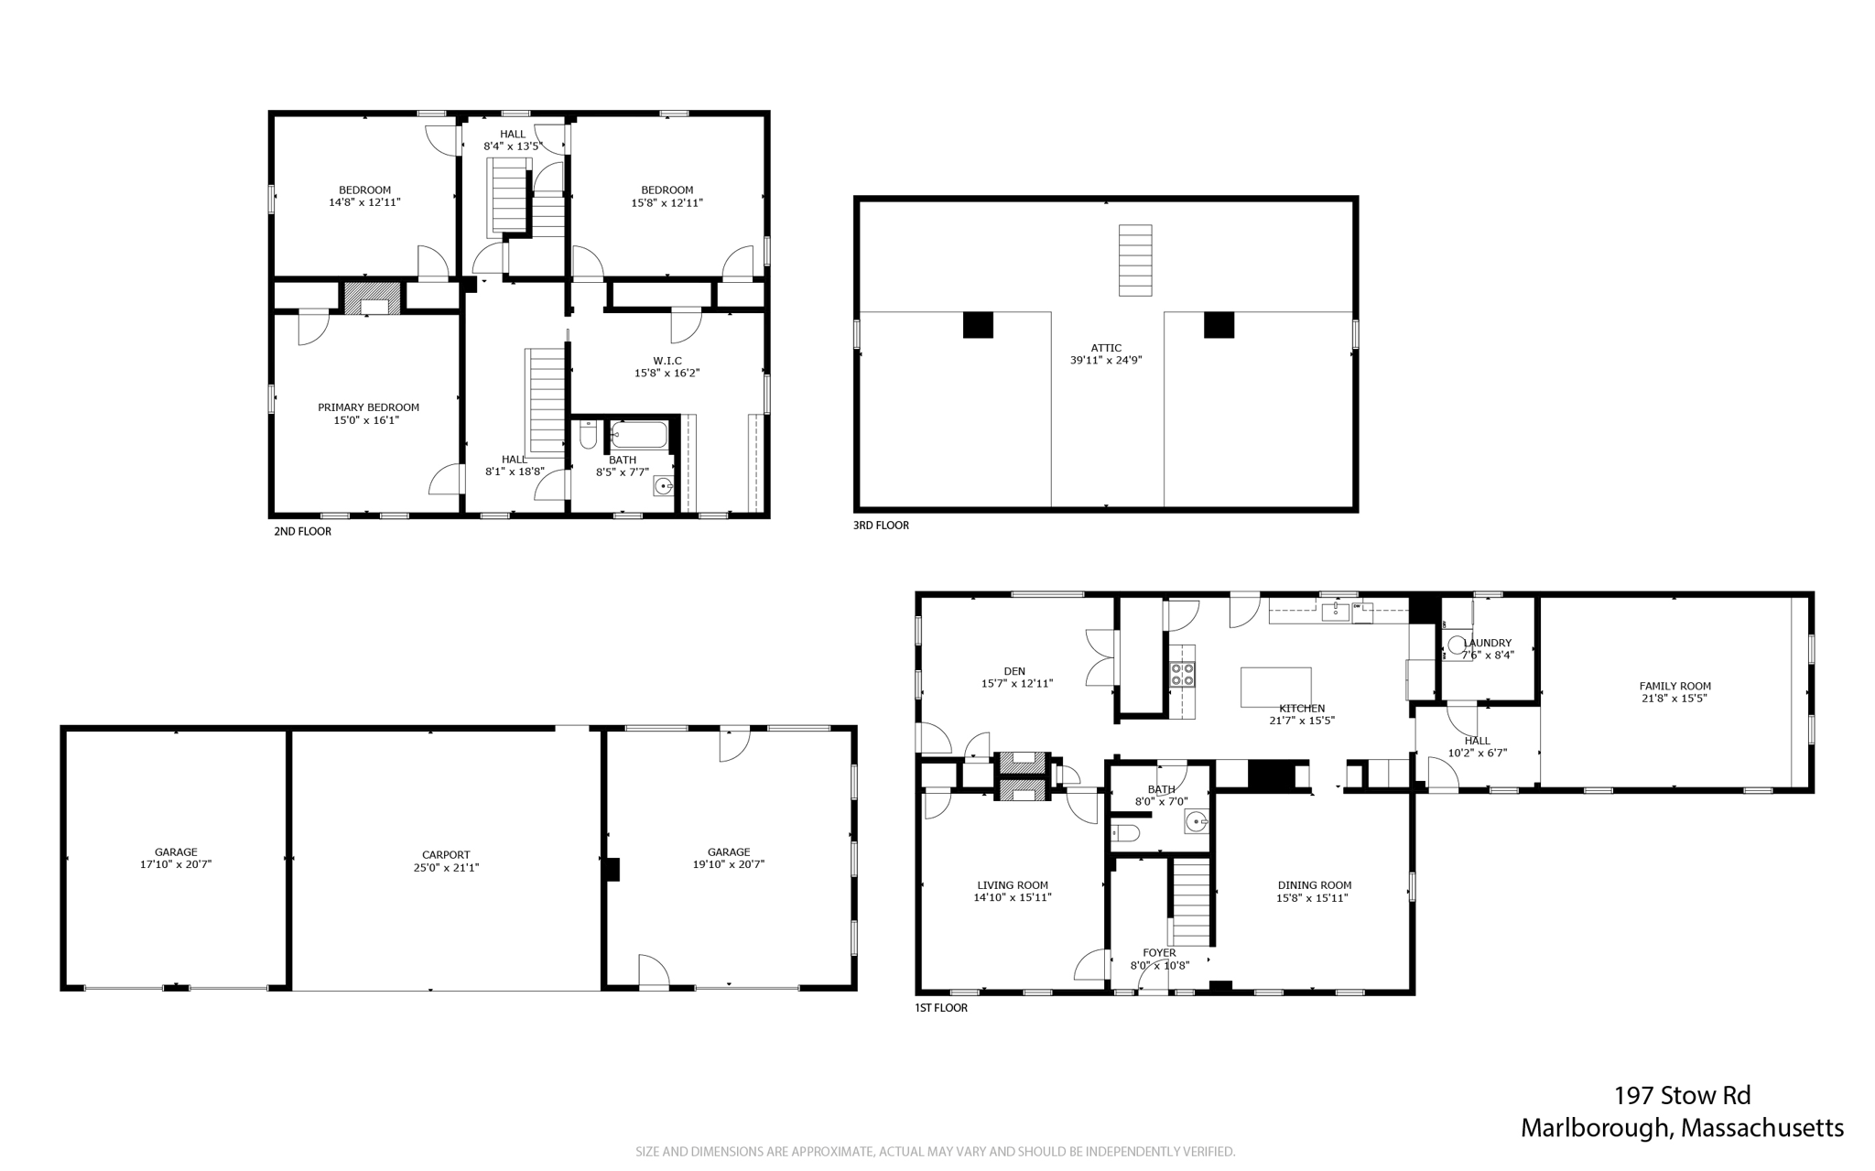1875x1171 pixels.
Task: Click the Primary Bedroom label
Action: pyautogui.click(x=368, y=407)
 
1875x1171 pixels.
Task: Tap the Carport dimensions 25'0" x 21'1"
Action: pyautogui.click(x=446, y=867)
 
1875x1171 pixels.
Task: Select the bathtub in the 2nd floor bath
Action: pyautogui.click(x=640, y=434)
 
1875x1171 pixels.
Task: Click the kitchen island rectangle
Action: pyautogui.click(x=1275, y=687)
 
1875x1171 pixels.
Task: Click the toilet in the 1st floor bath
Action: pyautogui.click(x=1126, y=833)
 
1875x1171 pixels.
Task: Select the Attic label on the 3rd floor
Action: pyautogui.click(x=1106, y=348)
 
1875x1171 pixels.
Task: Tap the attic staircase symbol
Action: pyautogui.click(x=1135, y=260)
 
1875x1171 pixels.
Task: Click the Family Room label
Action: pyautogui.click(x=1674, y=686)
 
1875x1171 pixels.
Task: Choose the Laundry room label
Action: pyautogui.click(x=1488, y=643)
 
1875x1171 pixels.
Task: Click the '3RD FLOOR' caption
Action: pyautogui.click(x=881, y=526)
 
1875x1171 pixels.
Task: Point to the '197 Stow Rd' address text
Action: pyautogui.click(x=1682, y=1095)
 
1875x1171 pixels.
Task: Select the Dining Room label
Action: pyautogui.click(x=1314, y=885)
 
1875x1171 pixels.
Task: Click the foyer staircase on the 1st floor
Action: pyautogui.click(x=1191, y=903)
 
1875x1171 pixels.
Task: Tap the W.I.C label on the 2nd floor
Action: pyautogui.click(x=667, y=361)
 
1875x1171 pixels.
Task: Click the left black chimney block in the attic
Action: pyautogui.click(x=978, y=325)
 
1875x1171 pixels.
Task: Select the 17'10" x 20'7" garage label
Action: pyautogui.click(x=176, y=863)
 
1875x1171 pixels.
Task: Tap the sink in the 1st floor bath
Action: pyautogui.click(x=1196, y=821)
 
